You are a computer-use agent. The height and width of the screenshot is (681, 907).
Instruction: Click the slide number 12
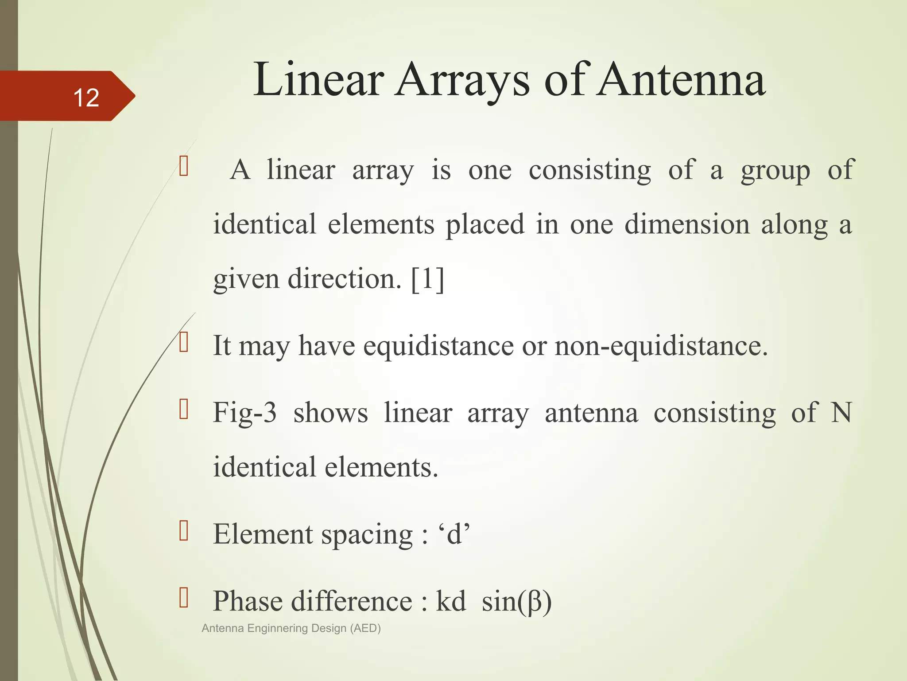pyautogui.click(x=86, y=97)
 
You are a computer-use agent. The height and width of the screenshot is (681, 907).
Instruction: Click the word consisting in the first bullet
pyautogui.click(x=589, y=170)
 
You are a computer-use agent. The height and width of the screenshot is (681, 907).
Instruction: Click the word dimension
pyautogui.click(x=687, y=224)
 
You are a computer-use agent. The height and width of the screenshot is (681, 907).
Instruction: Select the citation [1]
pyautogui.click(x=427, y=279)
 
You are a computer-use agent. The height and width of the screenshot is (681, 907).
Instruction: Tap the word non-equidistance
pyautogui.click(x=661, y=345)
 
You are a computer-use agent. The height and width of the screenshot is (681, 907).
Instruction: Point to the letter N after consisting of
pyautogui.click(x=841, y=412)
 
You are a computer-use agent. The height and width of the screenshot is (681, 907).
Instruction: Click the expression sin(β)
pyautogui.click(x=516, y=602)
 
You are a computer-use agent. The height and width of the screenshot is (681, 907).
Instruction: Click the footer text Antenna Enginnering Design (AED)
pyautogui.click(x=291, y=628)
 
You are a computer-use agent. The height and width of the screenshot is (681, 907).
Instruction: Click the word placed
pyautogui.click(x=485, y=224)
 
